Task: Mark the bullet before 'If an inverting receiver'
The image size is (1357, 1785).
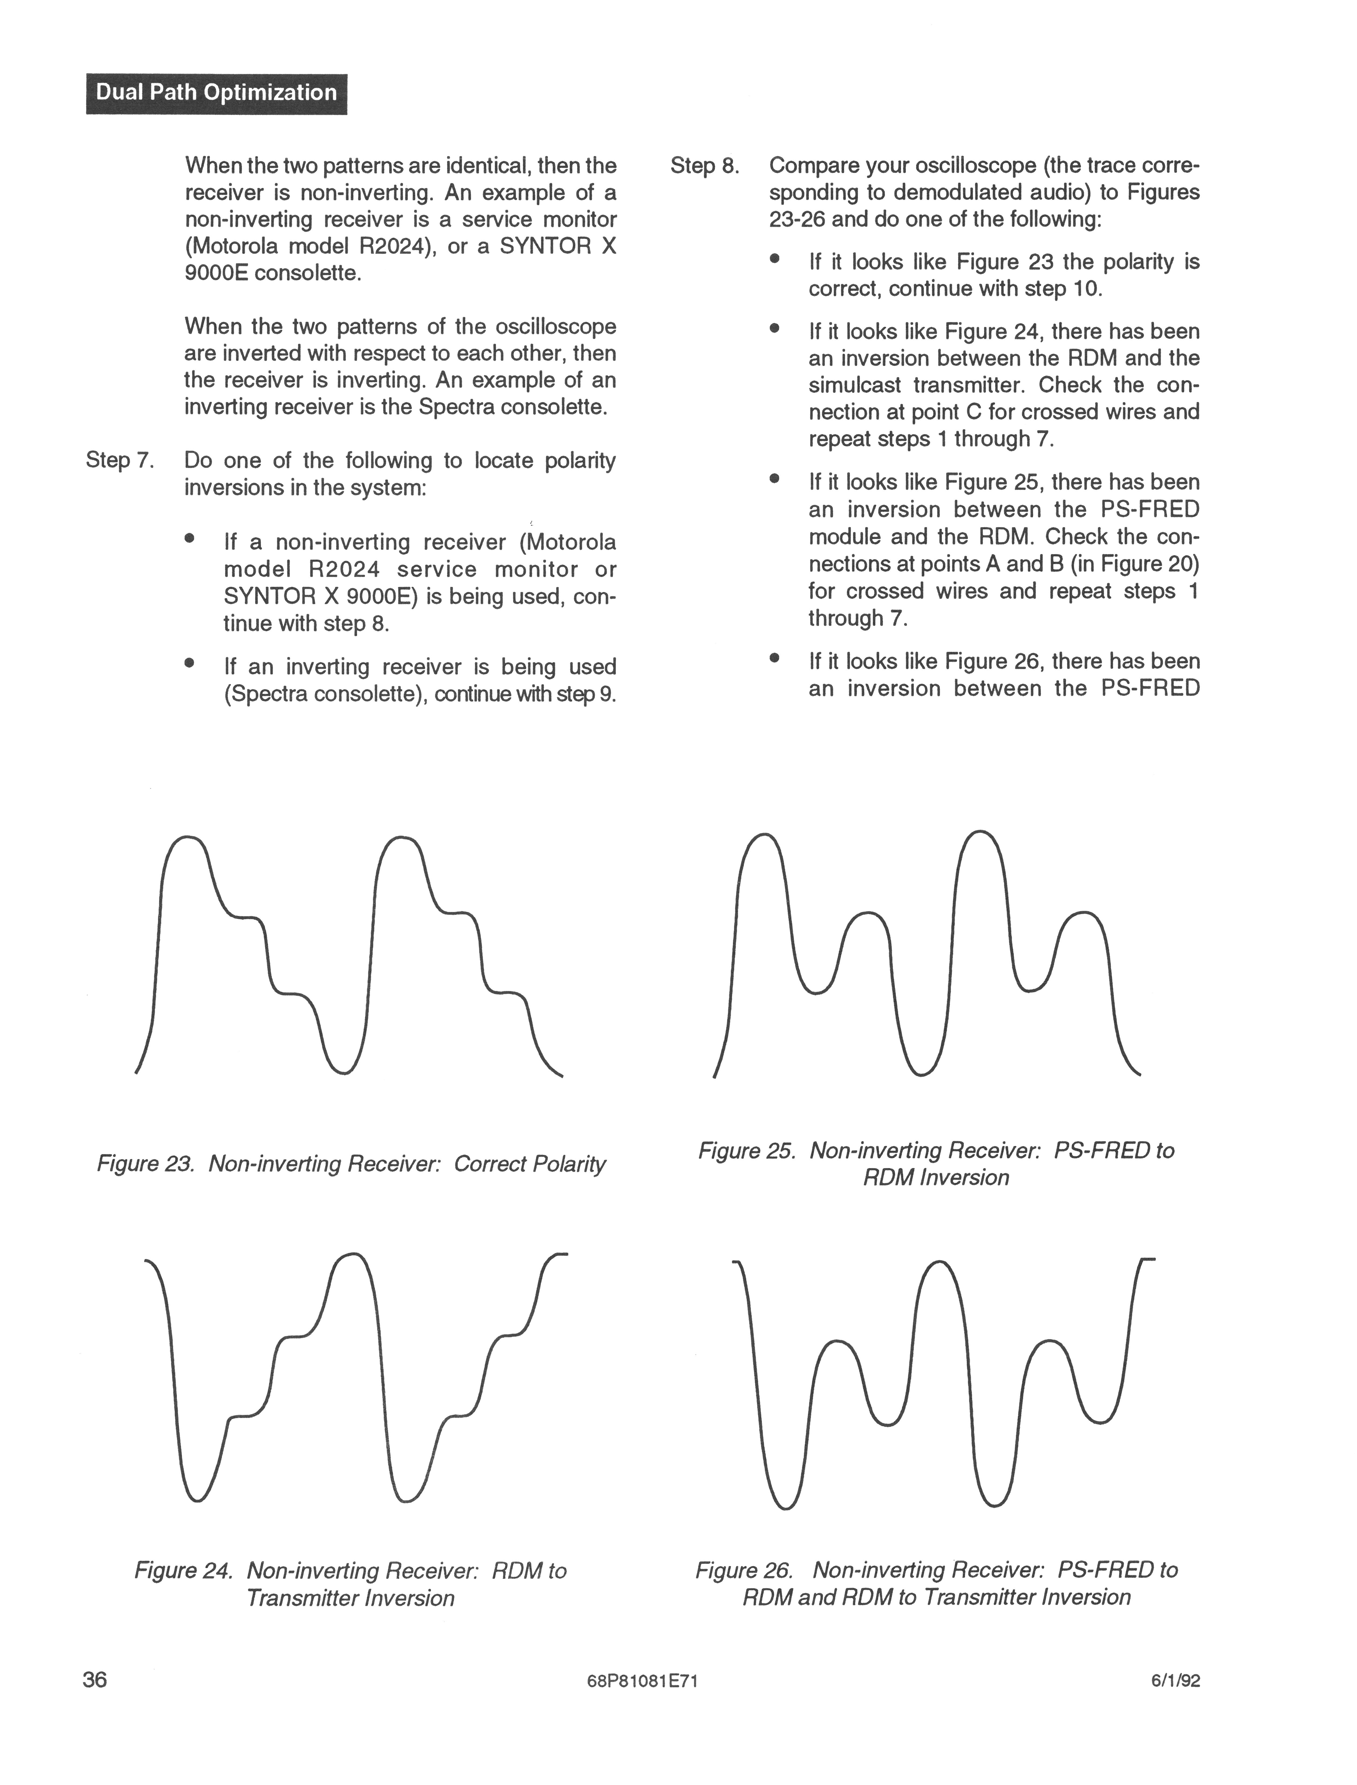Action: (190, 664)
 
